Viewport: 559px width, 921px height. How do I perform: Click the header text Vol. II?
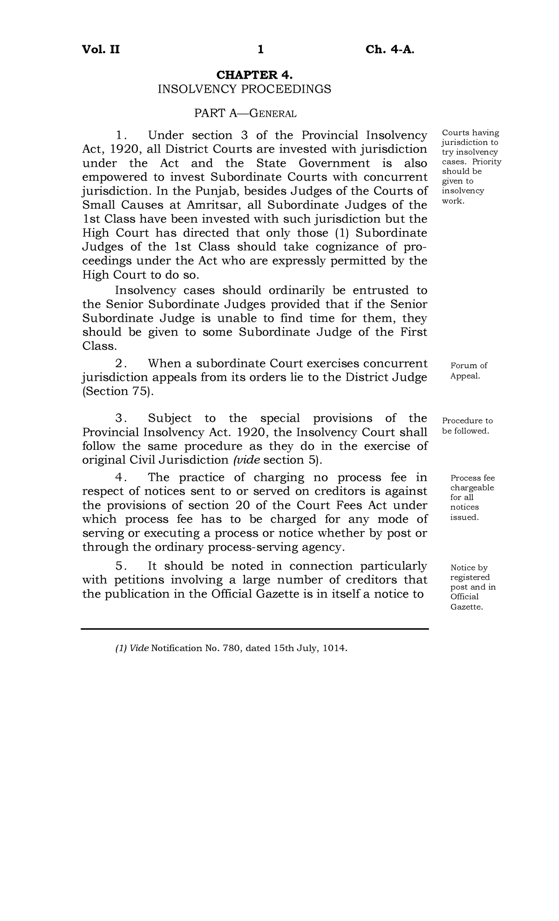click(x=101, y=49)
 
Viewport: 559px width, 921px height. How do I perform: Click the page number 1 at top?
click(x=261, y=49)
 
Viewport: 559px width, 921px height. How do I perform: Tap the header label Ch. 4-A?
click(x=389, y=49)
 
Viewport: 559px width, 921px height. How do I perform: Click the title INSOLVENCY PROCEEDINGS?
click(x=245, y=89)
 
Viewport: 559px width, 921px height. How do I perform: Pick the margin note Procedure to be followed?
click(x=467, y=426)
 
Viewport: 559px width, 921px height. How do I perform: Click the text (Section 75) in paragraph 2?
click(x=118, y=392)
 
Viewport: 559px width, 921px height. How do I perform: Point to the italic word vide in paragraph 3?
click(x=246, y=460)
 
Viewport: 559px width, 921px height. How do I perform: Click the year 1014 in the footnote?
click(x=334, y=648)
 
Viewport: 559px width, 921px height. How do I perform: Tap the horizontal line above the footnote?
click(x=254, y=629)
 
